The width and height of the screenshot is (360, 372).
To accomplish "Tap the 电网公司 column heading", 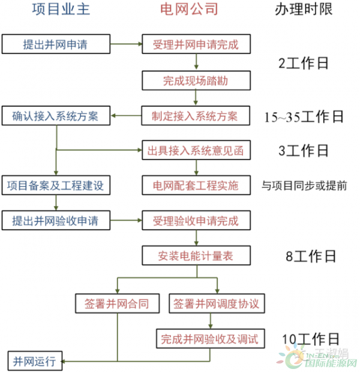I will pos(189,10).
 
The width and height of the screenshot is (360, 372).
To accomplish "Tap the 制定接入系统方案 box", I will pos(195,116).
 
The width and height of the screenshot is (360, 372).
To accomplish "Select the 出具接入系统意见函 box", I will pos(195,150).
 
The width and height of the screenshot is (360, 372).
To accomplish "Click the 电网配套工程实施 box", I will pos(195,185).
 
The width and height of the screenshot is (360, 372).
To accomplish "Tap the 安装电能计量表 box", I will pos(196,256).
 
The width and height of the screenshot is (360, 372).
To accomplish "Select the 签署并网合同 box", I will pos(118,304).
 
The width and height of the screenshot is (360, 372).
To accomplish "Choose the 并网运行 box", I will pos(34,361).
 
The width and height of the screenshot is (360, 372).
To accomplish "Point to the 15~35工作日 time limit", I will pos(304,116).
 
